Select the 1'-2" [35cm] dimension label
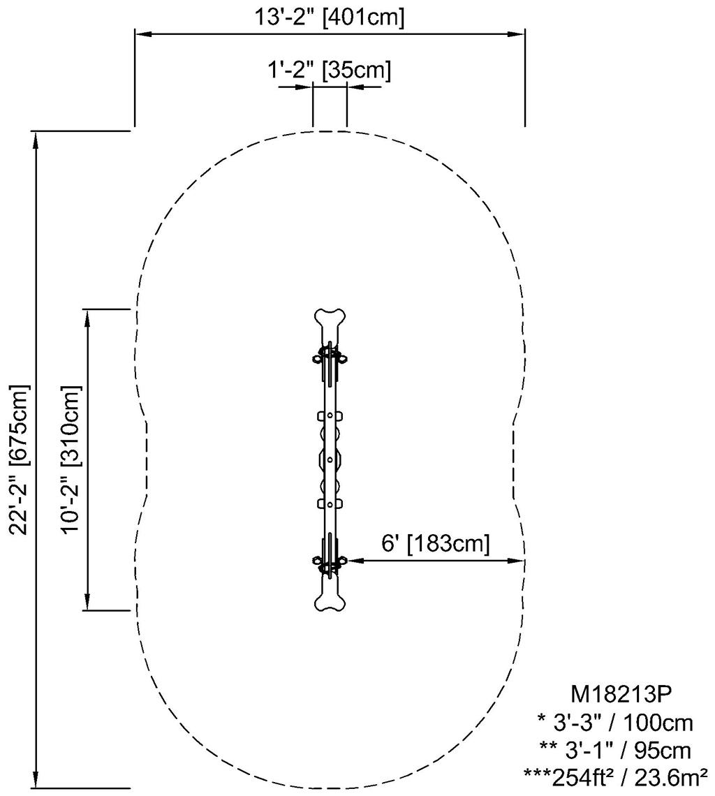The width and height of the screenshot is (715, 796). [x=329, y=70]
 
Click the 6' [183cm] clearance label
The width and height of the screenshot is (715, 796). [x=435, y=544]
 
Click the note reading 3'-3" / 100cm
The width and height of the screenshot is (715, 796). [x=621, y=721]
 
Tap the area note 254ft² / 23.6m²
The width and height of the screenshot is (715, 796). [x=617, y=776]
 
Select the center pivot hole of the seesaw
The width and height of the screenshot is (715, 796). [x=330, y=459]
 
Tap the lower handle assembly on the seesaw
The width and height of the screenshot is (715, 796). [x=330, y=561]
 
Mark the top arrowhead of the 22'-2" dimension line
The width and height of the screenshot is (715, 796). [x=35, y=138]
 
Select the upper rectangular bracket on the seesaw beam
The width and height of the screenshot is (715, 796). [x=330, y=416]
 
